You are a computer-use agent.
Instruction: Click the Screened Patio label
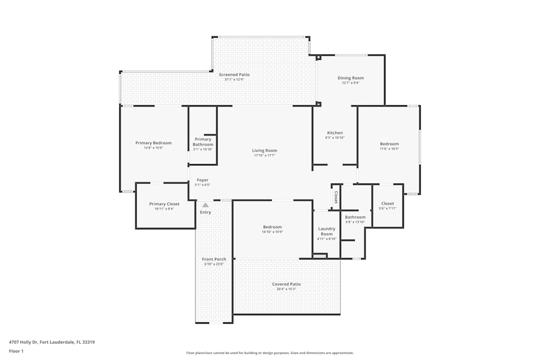point(234,74)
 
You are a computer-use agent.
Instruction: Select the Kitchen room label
point(335,133)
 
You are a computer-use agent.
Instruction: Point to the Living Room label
point(265,151)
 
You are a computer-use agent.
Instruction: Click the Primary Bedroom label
point(153,143)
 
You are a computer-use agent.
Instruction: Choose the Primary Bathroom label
point(203,142)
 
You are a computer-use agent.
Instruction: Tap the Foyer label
point(202,180)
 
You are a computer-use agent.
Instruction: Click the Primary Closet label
point(164,204)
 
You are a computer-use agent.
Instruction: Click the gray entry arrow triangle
point(205,205)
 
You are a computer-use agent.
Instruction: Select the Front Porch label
point(214,259)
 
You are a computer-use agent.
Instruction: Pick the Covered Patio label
point(286,284)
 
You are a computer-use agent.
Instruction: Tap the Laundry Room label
point(327,231)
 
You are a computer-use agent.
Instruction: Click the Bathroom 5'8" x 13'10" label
point(355,217)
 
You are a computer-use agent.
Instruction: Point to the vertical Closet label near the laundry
point(336,198)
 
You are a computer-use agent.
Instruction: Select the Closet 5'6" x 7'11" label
point(387,203)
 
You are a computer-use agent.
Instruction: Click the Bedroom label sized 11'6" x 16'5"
point(389,144)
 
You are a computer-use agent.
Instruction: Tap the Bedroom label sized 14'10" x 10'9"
point(272,227)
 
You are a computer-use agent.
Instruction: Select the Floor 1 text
point(16,351)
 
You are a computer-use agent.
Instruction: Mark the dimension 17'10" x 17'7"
point(265,155)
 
